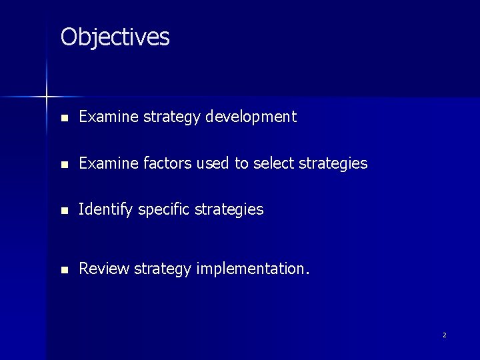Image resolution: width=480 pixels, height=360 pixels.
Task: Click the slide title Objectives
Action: click(x=115, y=37)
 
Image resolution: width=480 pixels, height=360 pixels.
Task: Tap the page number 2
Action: click(x=444, y=335)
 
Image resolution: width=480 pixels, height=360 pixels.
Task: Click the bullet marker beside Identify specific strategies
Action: click(x=63, y=211)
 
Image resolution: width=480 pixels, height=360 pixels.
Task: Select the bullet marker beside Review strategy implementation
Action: click(x=63, y=270)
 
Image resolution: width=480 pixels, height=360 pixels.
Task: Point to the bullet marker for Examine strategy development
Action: click(x=63, y=118)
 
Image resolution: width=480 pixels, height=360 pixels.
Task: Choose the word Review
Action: click(x=104, y=269)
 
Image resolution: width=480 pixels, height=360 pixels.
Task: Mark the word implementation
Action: click(x=252, y=269)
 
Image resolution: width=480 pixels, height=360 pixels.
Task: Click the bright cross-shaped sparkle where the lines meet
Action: click(x=47, y=97)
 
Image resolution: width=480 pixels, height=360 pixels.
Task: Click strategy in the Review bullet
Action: click(x=162, y=269)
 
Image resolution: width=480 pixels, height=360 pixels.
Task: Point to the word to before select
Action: click(x=241, y=163)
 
